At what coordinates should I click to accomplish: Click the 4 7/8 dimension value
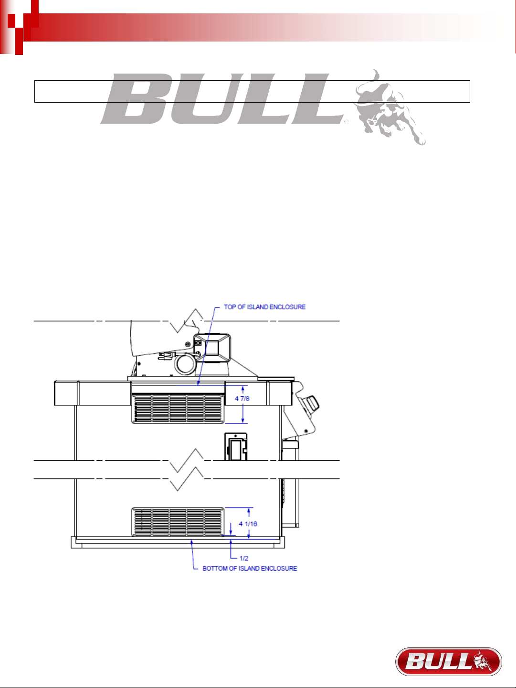(242, 399)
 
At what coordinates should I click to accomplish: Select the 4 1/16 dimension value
(248, 524)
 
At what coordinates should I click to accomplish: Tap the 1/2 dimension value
(244, 558)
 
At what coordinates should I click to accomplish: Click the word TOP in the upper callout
(230, 307)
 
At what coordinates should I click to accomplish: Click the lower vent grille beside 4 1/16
(178, 522)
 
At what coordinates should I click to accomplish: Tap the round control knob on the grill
(312, 402)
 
